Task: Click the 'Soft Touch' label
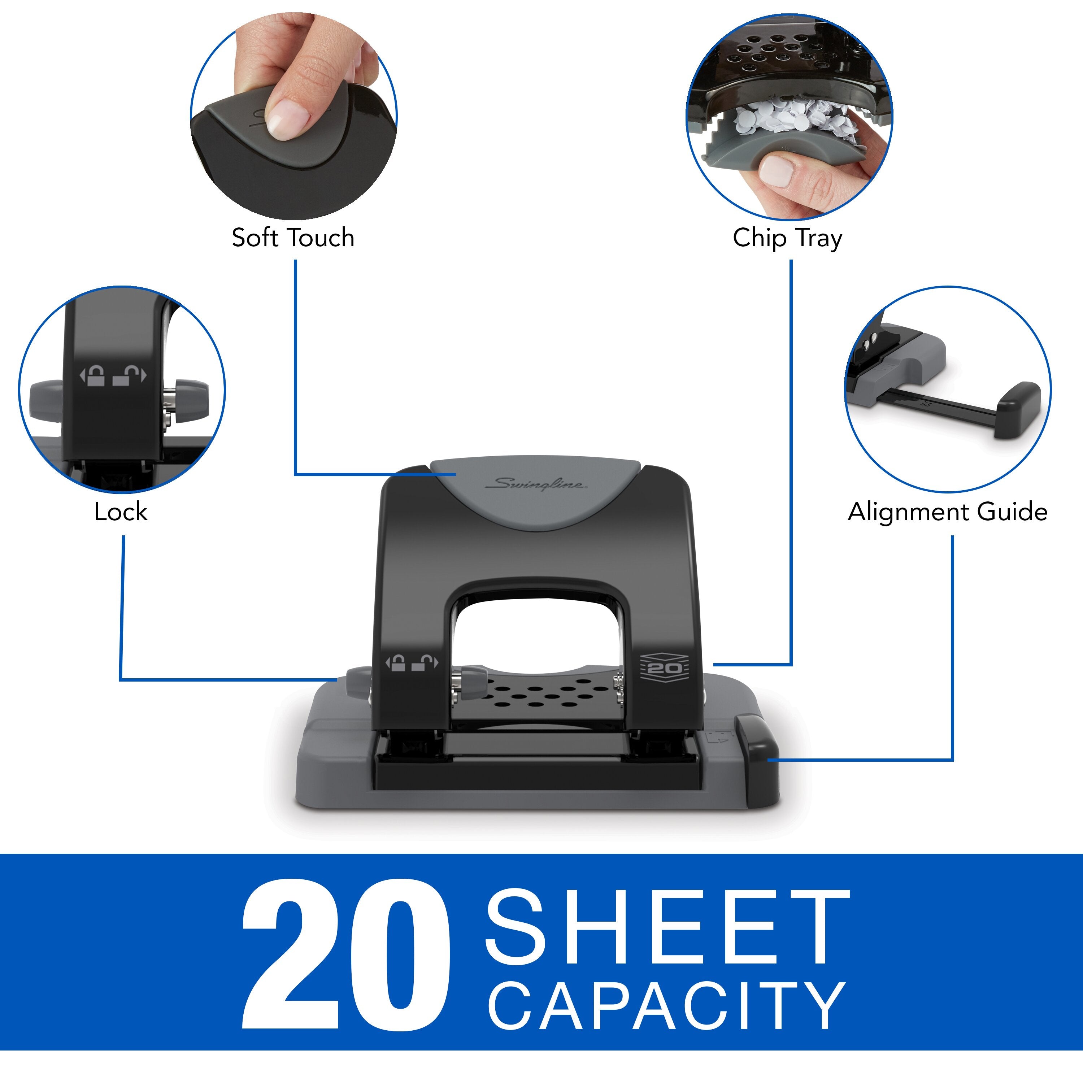click(293, 238)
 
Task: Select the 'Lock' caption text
click(121, 512)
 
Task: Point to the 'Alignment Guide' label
click(947, 512)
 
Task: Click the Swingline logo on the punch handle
click(536, 484)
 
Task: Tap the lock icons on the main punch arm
click(412, 663)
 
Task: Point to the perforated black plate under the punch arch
click(538, 695)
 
